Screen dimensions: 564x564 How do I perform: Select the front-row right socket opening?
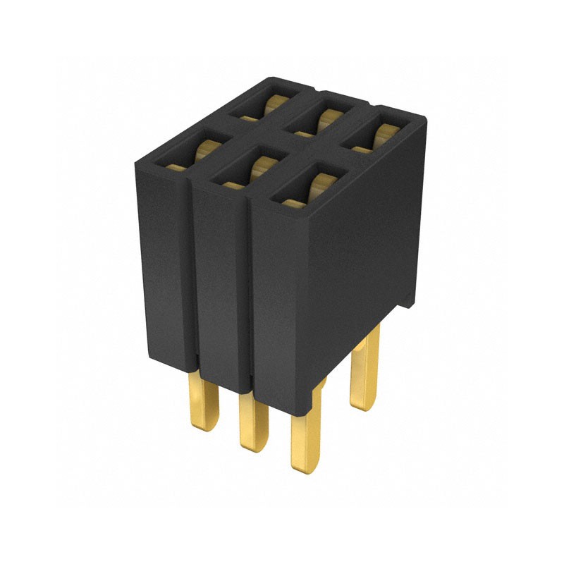306,190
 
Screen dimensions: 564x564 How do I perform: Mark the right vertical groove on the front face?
250,296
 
